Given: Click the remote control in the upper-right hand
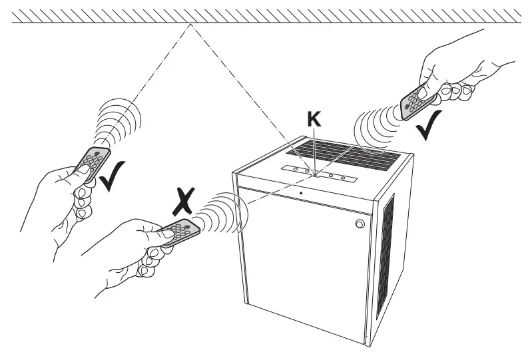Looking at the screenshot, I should click(x=417, y=99).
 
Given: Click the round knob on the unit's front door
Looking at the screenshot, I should click(x=359, y=224).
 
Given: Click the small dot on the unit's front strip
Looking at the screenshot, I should click(x=301, y=193).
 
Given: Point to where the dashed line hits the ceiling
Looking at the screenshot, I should click(x=191, y=23).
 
